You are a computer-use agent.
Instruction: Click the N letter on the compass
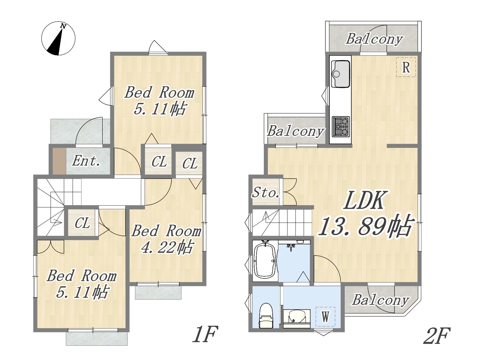63,26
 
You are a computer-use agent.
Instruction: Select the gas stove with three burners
341,127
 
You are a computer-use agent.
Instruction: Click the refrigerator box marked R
406,67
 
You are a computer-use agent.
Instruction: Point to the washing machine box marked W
325,317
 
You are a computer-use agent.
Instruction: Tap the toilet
266,315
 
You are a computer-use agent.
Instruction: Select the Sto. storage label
266,192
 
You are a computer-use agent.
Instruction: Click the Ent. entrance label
86,161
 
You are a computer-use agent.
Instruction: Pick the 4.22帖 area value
167,247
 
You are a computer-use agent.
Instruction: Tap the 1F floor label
205,334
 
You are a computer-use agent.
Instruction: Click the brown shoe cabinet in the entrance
59,161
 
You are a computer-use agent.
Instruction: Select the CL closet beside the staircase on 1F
83,222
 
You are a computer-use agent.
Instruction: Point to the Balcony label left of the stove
295,131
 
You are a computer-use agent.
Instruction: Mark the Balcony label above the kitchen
374,39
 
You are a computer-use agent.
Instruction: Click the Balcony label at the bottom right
380,300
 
